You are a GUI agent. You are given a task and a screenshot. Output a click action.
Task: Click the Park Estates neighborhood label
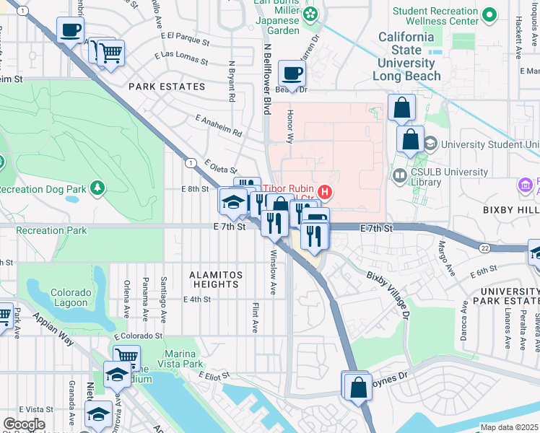(x=167, y=87)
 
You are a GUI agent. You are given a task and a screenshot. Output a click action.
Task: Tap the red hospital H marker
(x=325, y=191)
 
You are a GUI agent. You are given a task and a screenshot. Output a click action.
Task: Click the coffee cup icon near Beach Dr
(x=292, y=72)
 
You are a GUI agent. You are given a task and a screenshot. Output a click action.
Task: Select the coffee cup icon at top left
(x=70, y=30)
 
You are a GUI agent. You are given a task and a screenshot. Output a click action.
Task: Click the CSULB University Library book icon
(x=399, y=175)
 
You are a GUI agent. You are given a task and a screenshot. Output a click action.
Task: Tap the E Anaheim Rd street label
(x=218, y=126)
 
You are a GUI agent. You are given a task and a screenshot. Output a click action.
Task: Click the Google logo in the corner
(x=24, y=424)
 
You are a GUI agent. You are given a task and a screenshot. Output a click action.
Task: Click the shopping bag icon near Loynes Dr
(x=358, y=387)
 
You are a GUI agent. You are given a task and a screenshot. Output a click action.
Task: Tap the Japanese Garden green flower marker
(x=310, y=14)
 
